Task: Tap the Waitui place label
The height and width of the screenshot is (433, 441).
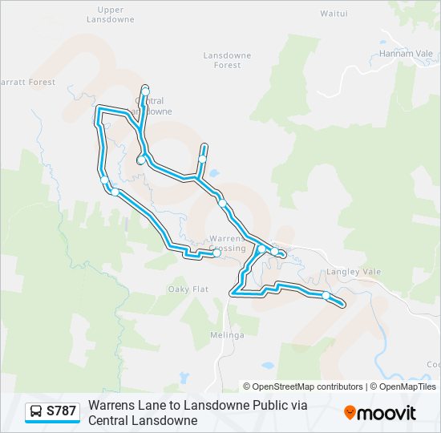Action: (333, 14)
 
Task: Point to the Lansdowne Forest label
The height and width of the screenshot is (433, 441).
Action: (227, 60)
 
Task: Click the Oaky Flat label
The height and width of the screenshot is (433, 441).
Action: (188, 289)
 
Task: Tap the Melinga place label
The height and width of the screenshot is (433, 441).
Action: (228, 335)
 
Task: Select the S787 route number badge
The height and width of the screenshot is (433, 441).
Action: (62, 411)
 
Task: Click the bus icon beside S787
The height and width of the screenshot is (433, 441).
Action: (36, 411)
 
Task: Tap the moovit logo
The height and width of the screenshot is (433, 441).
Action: (380, 412)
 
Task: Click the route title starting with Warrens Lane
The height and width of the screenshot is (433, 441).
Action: (198, 412)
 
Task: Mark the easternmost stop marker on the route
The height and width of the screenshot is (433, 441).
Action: (326, 296)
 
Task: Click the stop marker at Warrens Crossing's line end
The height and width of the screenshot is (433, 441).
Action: (216, 253)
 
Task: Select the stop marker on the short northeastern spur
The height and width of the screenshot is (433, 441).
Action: (202, 159)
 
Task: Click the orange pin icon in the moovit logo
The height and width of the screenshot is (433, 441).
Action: (350, 412)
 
